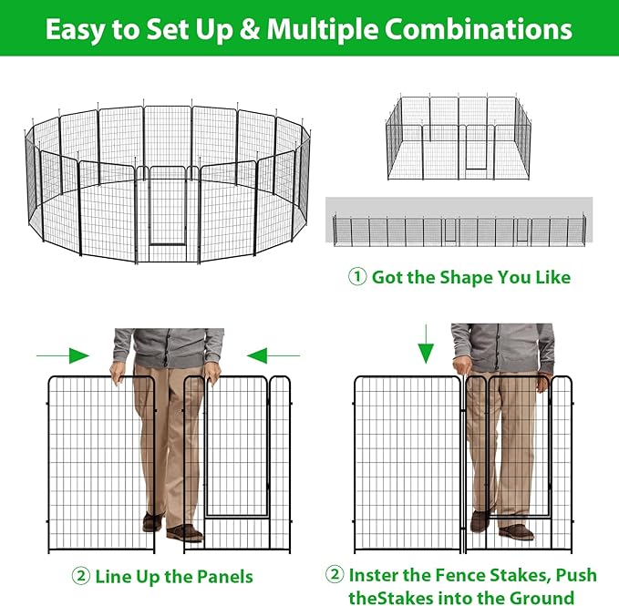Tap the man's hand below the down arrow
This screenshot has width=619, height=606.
(465, 366)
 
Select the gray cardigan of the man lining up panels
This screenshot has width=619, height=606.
(169, 346)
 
